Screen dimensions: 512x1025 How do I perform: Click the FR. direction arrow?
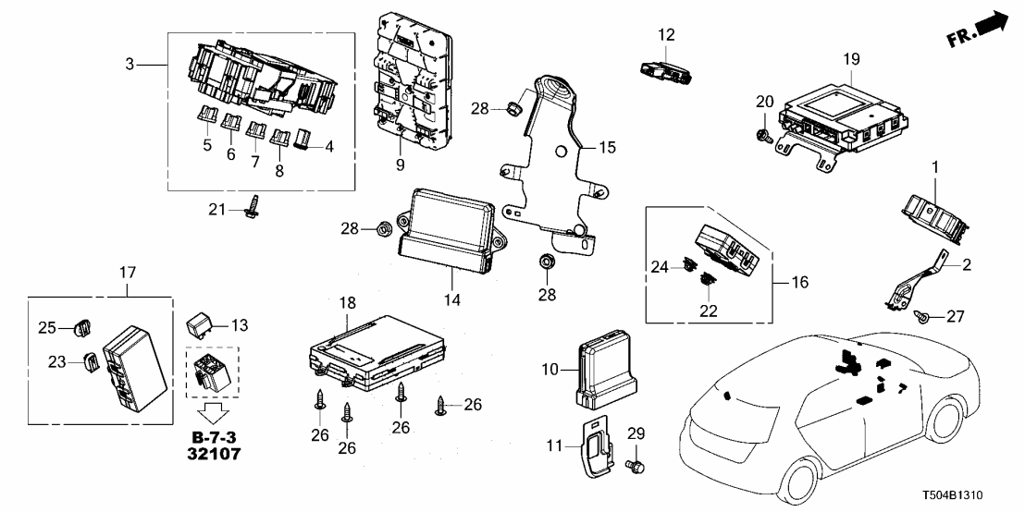981,30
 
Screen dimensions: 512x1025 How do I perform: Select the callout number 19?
851,59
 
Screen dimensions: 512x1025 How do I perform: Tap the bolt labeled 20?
763,133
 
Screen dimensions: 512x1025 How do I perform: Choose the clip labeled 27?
923,317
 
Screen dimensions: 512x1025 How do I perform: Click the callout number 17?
127,273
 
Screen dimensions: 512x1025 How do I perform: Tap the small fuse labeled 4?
302,141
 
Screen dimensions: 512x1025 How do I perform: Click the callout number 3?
130,65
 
